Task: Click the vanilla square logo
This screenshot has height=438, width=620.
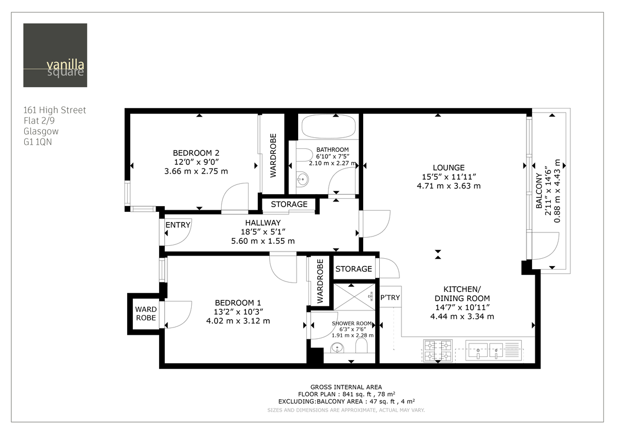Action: pyautogui.click(x=55, y=55)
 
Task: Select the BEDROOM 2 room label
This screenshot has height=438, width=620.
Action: pyautogui.click(x=196, y=153)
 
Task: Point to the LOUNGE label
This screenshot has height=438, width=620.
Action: pyautogui.click(x=448, y=167)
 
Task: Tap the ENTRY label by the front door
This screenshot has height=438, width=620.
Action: pyautogui.click(x=178, y=225)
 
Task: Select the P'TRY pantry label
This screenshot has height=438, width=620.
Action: pyautogui.click(x=390, y=298)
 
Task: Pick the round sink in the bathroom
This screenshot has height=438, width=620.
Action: pyautogui.click(x=302, y=180)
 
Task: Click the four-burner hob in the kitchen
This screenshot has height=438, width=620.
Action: pyautogui.click(x=438, y=351)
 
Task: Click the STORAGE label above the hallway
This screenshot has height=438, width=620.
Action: pyautogui.click(x=289, y=205)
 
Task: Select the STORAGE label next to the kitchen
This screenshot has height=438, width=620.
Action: pyautogui.click(x=353, y=269)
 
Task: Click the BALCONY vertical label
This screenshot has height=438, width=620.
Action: pyautogui.click(x=539, y=191)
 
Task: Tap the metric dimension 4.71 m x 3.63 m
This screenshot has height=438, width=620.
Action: pyautogui.click(x=448, y=186)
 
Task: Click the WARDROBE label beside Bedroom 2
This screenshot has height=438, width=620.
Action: pyautogui.click(x=273, y=155)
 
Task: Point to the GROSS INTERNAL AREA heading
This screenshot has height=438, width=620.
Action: pyautogui.click(x=346, y=387)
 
